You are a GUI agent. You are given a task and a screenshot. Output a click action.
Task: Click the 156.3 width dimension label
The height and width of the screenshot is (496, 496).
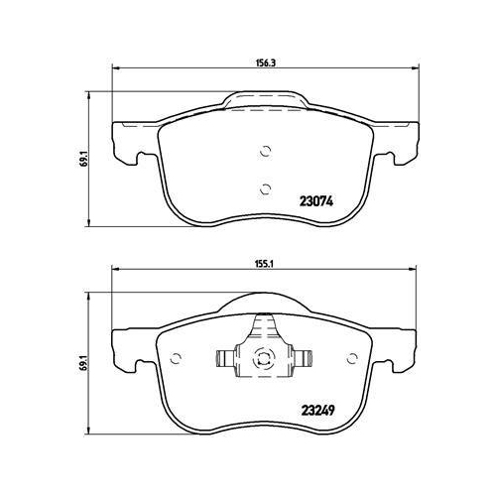click(x=266, y=63)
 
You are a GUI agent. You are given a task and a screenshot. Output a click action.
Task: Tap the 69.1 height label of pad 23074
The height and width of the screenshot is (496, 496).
click(x=85, y=159)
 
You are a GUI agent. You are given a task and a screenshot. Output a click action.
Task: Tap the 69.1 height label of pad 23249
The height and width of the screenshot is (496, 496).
click(x=85, y=363)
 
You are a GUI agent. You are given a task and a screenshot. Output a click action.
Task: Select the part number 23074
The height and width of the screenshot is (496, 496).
click(x=316, y=201)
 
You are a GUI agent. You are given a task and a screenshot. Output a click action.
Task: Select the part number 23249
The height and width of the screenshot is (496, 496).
click(x=318, y=411)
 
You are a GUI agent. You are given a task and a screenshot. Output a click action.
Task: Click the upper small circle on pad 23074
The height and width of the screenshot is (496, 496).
click(x=266, y=151)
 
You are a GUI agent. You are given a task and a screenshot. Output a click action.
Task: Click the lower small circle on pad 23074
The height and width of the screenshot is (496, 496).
click(x=266, y=189)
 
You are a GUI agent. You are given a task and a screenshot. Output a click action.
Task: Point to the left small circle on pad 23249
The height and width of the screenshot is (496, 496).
click(x=176, y=358)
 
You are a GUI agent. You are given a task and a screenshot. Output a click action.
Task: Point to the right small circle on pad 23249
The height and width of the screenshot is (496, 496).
click(x=353, y=358)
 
